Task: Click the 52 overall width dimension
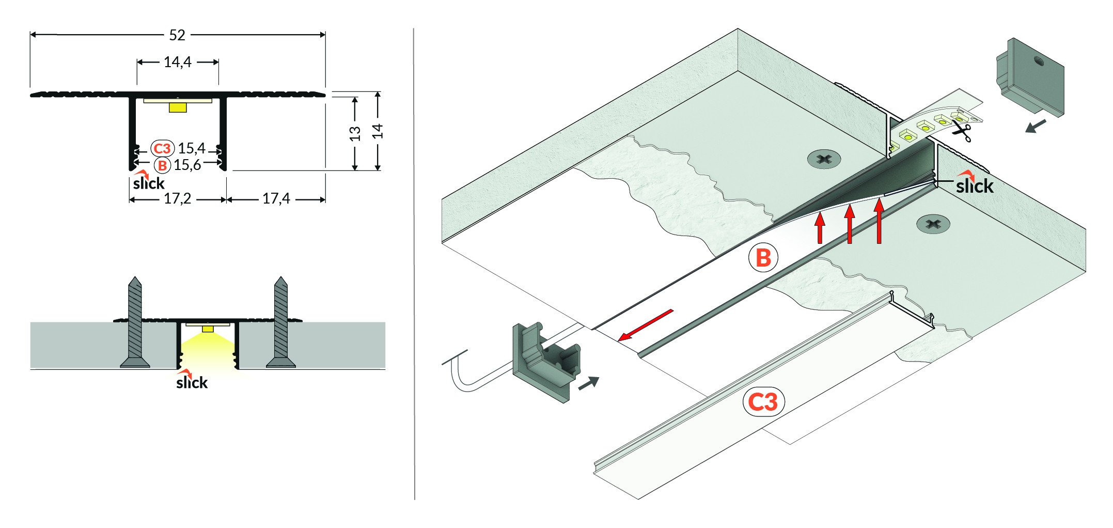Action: [177, 35]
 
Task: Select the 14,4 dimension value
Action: [177, 62]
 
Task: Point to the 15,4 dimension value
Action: [192, 148]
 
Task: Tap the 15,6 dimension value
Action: [187, 165]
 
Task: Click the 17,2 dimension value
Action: [177, 198]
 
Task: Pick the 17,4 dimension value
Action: [276, 198]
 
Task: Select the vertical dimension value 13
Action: [355, 133]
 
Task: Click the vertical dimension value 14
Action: [378, 131]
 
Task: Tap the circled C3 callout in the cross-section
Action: [162, 149]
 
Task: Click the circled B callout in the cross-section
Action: [162, 165]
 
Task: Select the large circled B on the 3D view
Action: [763, 258]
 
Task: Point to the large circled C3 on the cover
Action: [763, 402]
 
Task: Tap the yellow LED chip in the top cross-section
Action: [178, 107]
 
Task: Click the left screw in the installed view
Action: [135, 322]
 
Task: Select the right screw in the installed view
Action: [281, 322]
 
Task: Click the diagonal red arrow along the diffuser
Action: [646, 325]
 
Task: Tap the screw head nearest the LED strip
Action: [824, 159]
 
